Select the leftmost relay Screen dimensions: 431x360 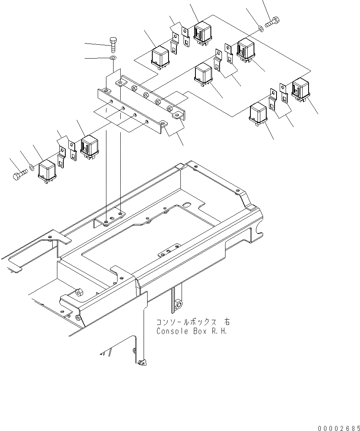(48, 171)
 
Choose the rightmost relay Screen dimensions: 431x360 (301, 89)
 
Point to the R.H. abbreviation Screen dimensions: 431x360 (220, 331)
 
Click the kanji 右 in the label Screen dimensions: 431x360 (225, 323)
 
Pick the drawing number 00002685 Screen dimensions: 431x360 (338, 428)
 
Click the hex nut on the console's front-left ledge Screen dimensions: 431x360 (78, 293)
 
